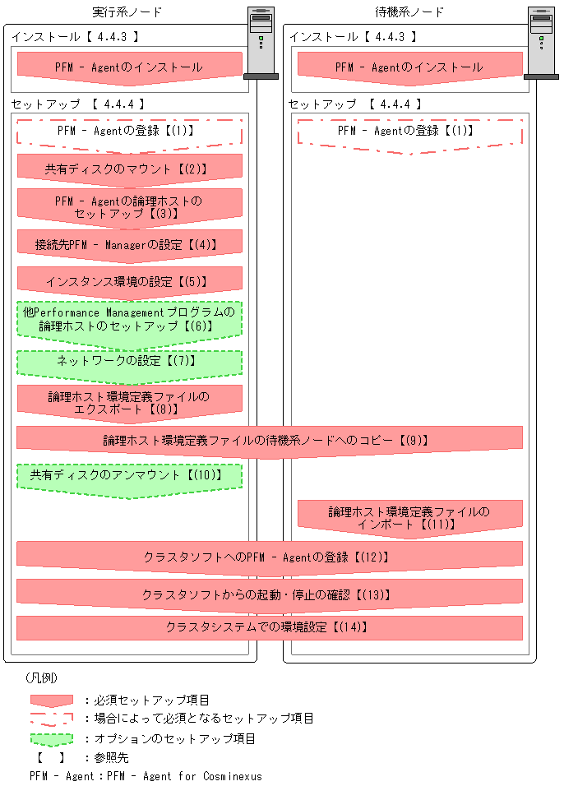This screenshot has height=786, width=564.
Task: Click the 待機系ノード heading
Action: pos(409,12)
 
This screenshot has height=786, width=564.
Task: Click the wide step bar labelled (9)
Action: pos(270,440)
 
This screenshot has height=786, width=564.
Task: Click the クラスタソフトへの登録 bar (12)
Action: pos(270,557)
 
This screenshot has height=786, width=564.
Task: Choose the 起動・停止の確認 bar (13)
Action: pos(270,593)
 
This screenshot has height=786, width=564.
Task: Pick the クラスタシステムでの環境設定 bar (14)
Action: pos(270,627)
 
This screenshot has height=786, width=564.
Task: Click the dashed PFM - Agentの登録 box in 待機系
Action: pos(409,132)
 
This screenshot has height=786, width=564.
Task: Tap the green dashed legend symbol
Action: pos(51,738)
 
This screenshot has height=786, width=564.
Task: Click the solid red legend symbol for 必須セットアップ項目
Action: pos(51,700)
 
